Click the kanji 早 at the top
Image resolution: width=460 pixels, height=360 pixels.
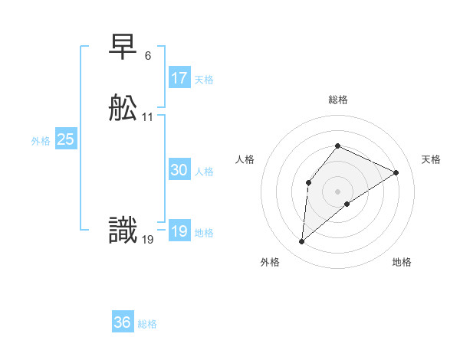(123, 49)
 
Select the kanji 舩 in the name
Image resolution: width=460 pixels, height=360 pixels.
(123, 110)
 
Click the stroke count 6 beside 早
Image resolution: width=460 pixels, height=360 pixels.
(147, 56)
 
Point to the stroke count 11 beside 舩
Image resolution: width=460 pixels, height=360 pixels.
(148, 117)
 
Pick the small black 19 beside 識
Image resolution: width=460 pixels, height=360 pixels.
(148, 239)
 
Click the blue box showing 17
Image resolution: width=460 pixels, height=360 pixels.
(179, 78)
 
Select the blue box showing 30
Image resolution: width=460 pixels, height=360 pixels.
(179, 171)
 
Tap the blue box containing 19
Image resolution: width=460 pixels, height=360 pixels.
(179, 231)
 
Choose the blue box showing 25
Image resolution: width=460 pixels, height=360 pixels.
(66, 139)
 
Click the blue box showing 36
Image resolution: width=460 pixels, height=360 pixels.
(123, 322)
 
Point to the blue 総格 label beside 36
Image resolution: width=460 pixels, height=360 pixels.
(147, 324)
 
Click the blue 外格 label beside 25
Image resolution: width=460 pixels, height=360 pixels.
(41, 141)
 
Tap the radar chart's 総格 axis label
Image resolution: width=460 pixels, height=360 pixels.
(337, 100)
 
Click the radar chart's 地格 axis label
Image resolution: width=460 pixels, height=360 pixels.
(402, 262)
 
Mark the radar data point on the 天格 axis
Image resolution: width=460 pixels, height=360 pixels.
(396, 172)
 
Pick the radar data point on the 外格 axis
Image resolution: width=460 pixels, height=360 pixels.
(302, 242)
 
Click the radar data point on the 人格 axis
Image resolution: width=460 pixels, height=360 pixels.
(308, 182)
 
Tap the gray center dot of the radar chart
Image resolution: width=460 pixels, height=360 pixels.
(337, 191)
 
